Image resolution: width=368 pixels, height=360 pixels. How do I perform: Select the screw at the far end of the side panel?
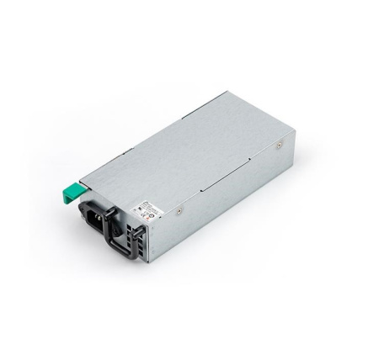point(279,146)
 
